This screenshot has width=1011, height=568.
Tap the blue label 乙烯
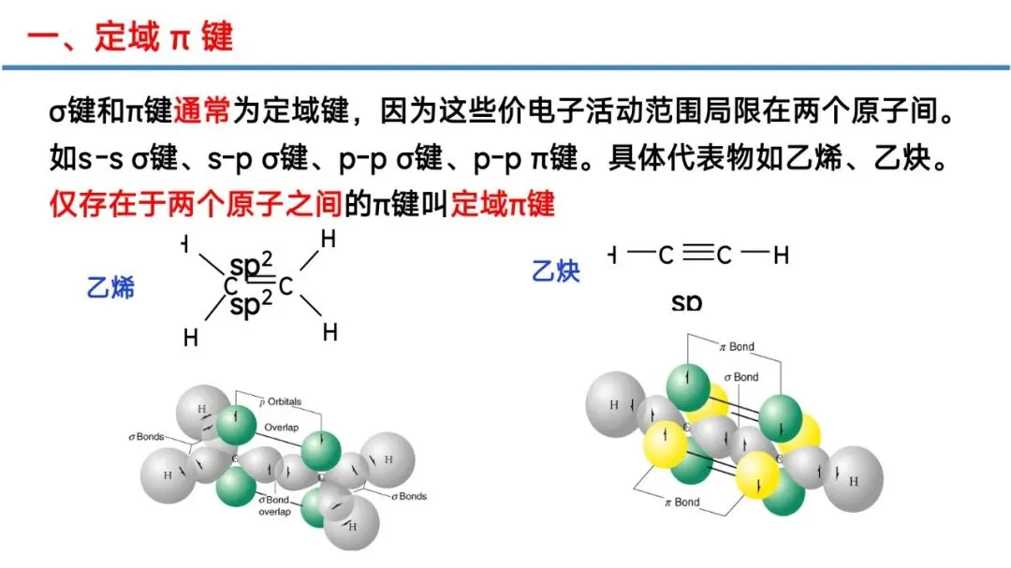110,286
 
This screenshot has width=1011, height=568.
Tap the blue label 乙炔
556,271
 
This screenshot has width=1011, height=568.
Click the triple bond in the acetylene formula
696,254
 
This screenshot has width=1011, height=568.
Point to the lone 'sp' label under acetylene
686,302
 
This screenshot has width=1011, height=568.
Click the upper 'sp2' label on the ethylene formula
250,266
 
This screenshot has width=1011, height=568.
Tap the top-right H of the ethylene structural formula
329,240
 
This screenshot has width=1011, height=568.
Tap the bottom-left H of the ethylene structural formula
191,337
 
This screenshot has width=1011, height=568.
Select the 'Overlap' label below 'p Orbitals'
280,427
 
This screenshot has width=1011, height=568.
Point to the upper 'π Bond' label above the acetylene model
736,346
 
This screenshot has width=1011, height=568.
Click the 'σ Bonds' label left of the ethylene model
146,437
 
